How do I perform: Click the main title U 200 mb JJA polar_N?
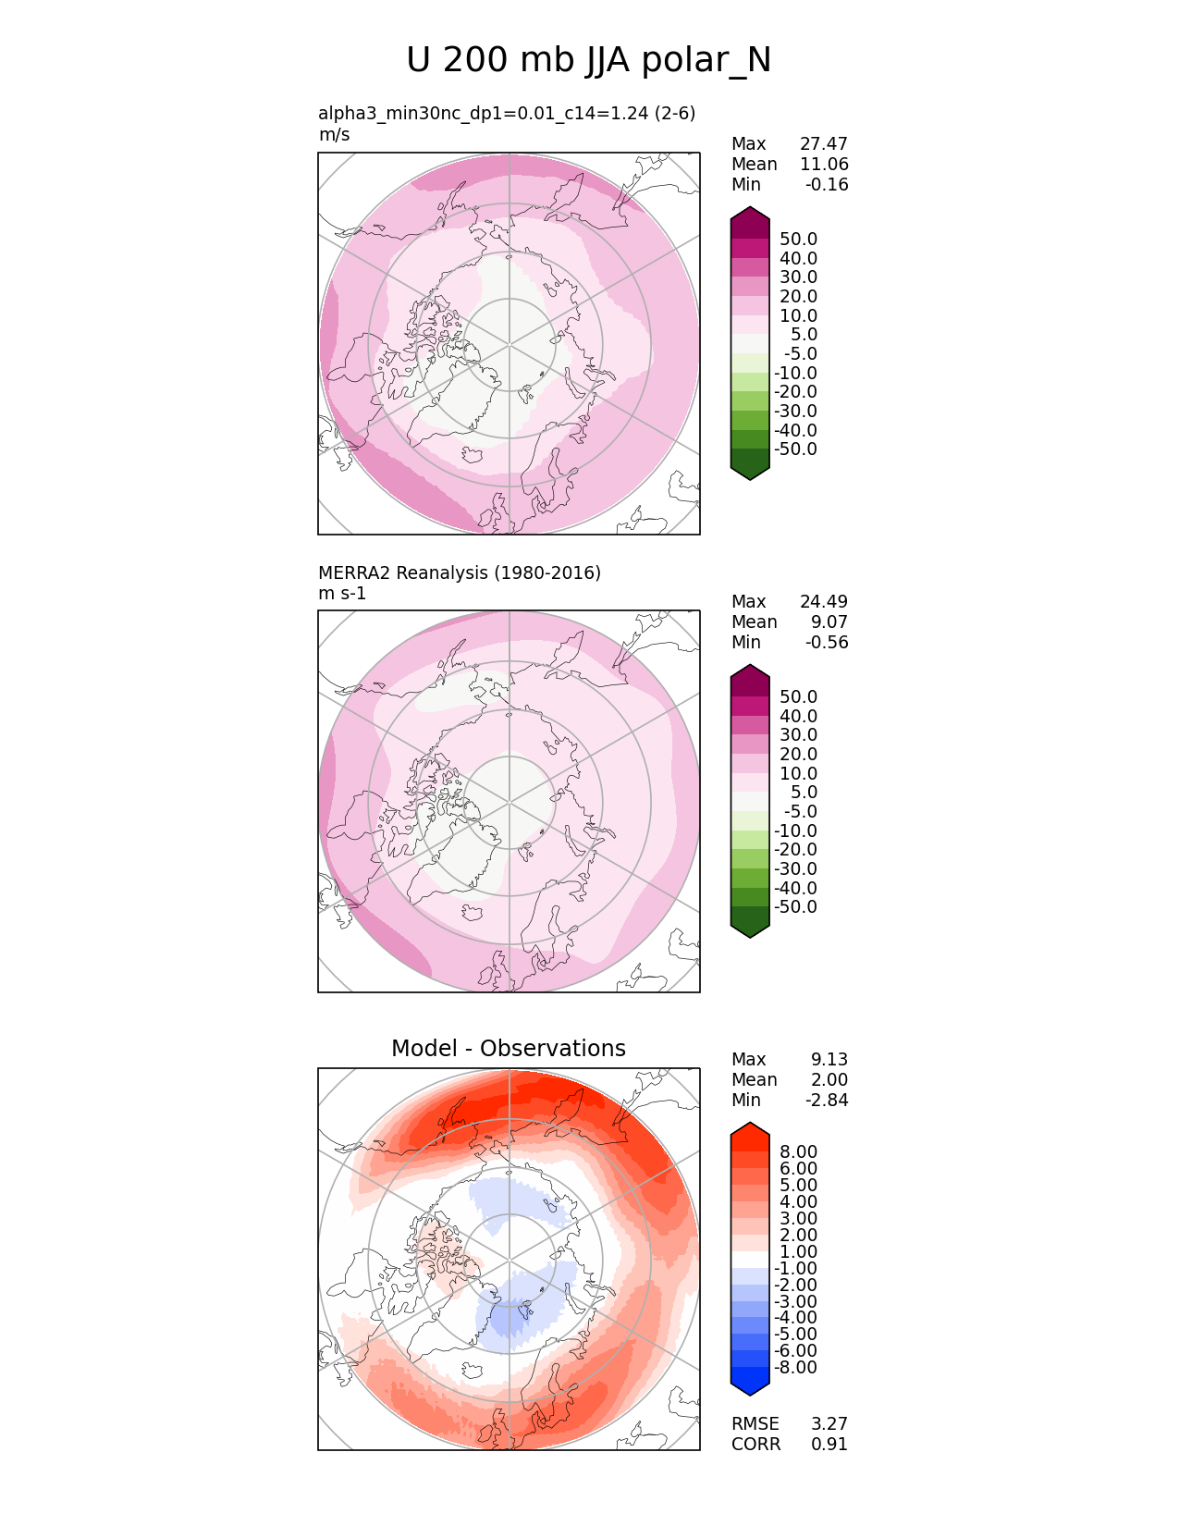pyautogui.click(x=588, y=61)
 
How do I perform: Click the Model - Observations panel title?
pyautogui.click(x=508, y=1048)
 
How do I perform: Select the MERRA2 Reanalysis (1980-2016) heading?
pyautogui.click(x=459, y=572)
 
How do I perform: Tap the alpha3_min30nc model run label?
pyautogui.click(x=506, y=113)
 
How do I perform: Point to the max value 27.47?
pyautogui.click(x=823, y=143)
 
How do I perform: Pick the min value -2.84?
pyautogui.click(x=829, y=1100)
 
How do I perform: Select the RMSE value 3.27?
pyautogui.click(x=829, y=1423)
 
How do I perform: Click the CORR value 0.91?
pyautogui.click(x=829, y=1444)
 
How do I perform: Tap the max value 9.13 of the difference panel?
pyautogui.click(x=829, y=1059)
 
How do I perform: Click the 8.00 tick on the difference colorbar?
pyautogui.click(x=798, y=1151)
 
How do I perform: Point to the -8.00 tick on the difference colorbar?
pyautogui.click(x=795, y=1367)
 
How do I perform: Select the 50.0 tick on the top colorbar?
pyautogui.click(x=798, y=239)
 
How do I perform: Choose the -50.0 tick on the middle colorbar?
pyautogui.click(x=795, y=906)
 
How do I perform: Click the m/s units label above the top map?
pyautogui.click(x=334, y=134)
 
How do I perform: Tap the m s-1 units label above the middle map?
pyautogui.click(x=342, y=593)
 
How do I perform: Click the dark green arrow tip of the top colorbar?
pyautogui.click(x=750, y=471)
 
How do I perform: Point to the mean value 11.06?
pyautogui.click(x=823, y=164)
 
